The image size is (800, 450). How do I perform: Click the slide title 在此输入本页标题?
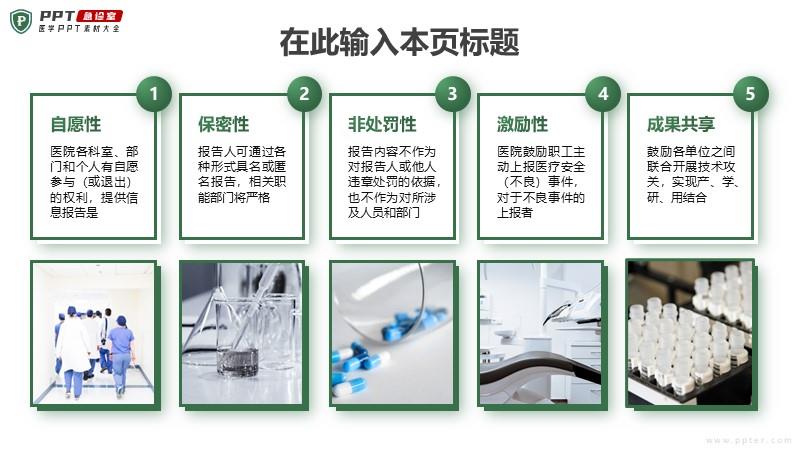[x=399, y=42]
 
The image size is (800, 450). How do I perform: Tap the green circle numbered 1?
[x=154, y=94]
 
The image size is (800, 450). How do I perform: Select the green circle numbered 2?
[x=304, y=94]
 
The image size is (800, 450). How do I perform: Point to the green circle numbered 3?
[x=452, y=94]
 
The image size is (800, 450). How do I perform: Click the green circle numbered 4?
[x=603, y=94]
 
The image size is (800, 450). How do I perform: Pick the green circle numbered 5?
[x=750, y=94]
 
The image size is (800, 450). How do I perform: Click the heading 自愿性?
[x=76, y=124]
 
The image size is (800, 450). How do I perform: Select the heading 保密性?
[x=223, y=124]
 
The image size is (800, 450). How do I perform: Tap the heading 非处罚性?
[x=382, y=124]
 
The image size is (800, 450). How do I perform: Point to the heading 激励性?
[x=522, y=124]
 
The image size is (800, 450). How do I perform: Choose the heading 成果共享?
[x=681, y=124]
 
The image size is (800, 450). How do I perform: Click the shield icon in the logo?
[x=21, y=21]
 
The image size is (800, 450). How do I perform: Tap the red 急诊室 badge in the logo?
[x=98, y=16]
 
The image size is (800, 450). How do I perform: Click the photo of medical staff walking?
[x=94, y=333]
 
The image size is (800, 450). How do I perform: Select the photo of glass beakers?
[x=242, y=333]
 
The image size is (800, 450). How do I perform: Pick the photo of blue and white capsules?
[x=392, y=333]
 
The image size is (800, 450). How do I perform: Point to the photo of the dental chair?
[x=540, y=333]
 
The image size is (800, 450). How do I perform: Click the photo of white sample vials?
[x=689, y=333]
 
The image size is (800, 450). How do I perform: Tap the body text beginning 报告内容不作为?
[x=393, y=182]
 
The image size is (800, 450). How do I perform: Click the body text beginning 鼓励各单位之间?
[x=692, y=174]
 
